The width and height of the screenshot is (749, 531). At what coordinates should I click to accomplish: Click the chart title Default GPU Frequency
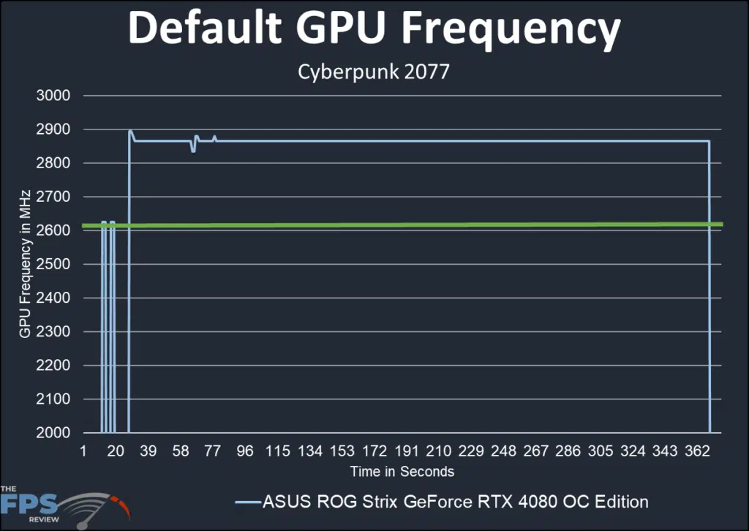tap(374, 29)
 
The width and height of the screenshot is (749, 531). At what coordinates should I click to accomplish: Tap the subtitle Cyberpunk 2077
tap(374, 73)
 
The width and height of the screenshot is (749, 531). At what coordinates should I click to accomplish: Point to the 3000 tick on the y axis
tap(54, 96)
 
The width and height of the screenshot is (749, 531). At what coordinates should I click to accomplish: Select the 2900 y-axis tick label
tap(54, 129)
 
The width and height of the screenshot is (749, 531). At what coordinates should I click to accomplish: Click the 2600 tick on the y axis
tap(54, 231)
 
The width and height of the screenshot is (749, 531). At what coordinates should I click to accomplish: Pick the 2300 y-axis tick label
tap(54, 332)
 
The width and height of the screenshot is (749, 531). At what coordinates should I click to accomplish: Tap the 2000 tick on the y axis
tap(54, 433)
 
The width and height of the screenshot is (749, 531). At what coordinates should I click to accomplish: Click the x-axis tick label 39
tap(148, 451)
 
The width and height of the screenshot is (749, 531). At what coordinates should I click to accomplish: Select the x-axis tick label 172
tap(374, 451)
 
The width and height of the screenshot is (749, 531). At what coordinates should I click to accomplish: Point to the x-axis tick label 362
tap(697, 451)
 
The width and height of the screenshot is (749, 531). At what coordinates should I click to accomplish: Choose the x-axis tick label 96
tap(245, 451)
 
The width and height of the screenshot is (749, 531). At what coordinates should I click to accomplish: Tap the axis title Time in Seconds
tap(402, 472)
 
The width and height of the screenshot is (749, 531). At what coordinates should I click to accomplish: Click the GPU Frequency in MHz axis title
tap(26, 263)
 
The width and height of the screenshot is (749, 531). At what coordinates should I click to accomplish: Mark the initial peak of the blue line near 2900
tap(130, 132)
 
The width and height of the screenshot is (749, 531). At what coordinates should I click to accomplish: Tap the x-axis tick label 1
tap(83, 451)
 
